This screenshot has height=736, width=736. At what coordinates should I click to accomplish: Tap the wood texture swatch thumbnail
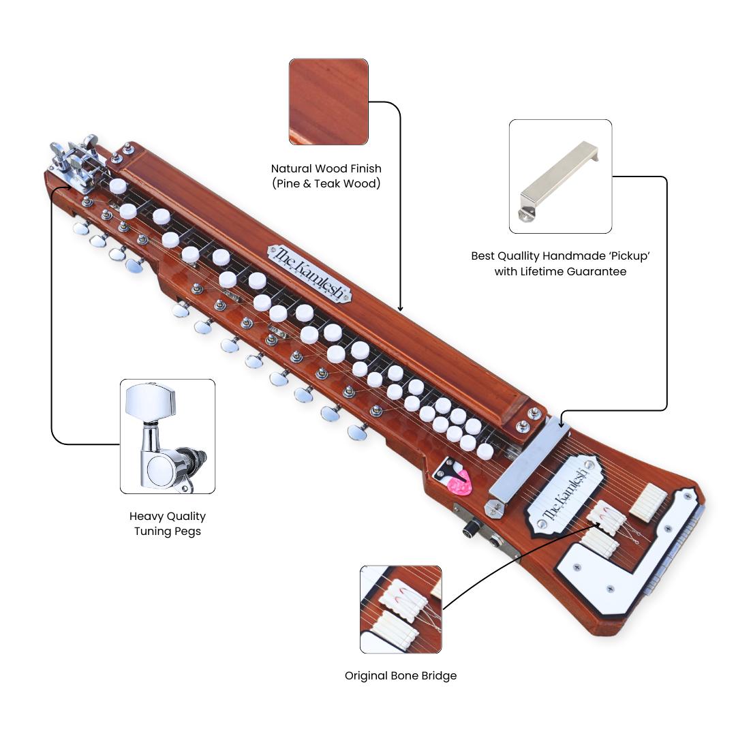[x=328, y=102]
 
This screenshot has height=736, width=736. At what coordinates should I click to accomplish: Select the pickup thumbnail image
[x=560, y=177]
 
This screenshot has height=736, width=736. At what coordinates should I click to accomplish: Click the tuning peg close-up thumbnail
[x=168, y=436]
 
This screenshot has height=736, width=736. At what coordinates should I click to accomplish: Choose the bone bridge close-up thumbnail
[x=401, y=609]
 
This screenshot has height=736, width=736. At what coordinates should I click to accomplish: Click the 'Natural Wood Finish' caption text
[x=326, y=168]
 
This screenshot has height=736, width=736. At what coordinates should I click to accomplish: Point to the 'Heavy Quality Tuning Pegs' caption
[x=168, y=523]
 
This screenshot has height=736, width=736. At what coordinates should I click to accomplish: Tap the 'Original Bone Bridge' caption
[x=401, y=675]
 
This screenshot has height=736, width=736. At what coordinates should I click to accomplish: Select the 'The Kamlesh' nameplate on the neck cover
[x=309, y=273]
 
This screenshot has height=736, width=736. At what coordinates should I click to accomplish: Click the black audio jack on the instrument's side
[x=470, y=530]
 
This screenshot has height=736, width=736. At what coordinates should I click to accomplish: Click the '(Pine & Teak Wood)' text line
[x=326, y=183]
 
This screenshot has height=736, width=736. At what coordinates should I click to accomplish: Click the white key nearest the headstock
[x=118, y=187]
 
